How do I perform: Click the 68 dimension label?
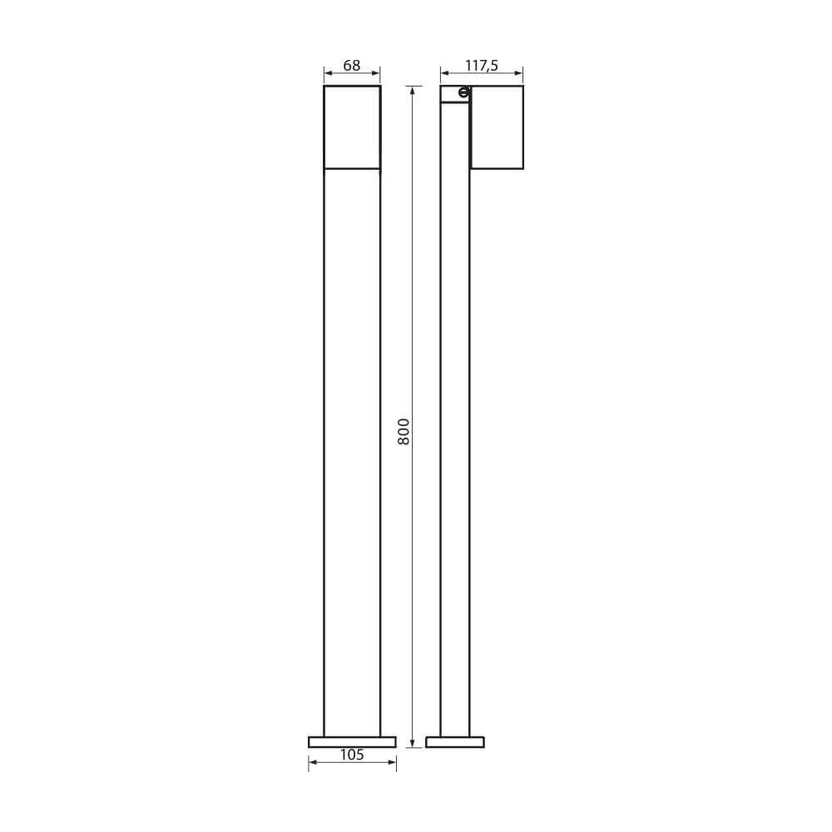[351, 65]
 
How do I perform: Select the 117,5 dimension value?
[482, 66]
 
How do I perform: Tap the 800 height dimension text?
[404, 431]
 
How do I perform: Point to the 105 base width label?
[352, 755]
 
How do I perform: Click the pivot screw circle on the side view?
[463, 93]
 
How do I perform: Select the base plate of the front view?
[352, 742]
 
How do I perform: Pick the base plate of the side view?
[455, 742]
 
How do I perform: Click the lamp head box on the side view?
[497, 127]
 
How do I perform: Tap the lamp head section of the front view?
[352, 127]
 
